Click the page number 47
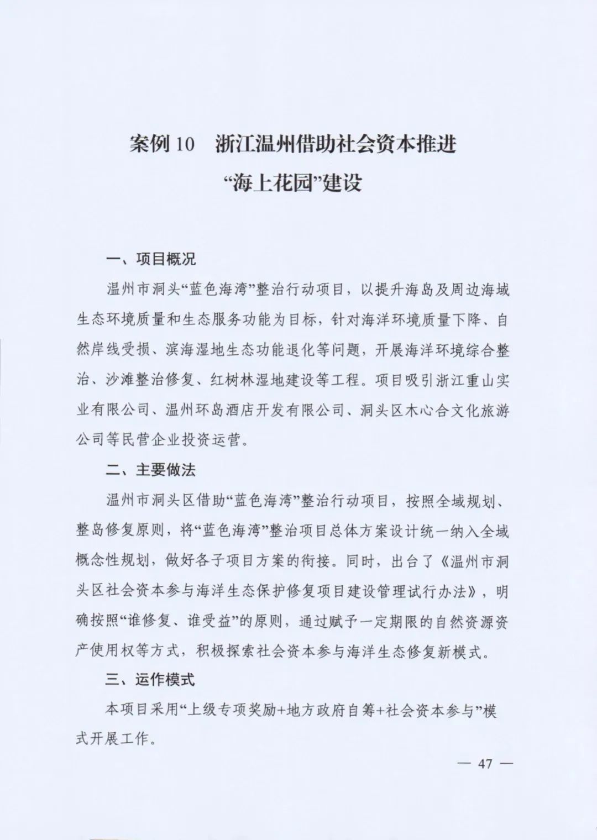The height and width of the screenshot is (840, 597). tap(485, 764)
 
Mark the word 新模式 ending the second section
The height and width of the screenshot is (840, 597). tap(467, 651)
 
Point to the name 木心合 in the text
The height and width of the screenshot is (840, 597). tap(426, 410)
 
